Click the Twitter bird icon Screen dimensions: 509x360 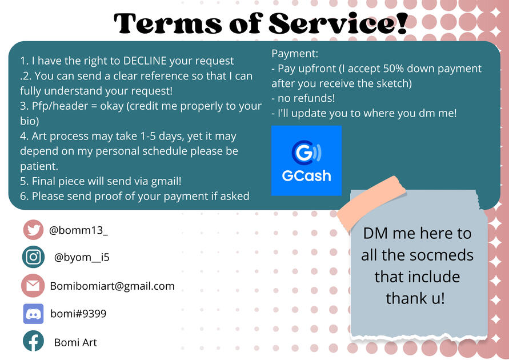(x=33, y=230)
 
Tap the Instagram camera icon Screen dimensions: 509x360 (x=33, y=257)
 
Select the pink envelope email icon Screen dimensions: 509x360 (x=33, y=286)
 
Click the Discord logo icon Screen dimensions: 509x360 (x=33, y=314)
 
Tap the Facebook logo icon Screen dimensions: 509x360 (x=33, y=341)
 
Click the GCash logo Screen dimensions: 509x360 (x=306, y=161)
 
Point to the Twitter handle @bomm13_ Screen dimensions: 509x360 (x=78, y=230)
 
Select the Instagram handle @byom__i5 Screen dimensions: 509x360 (x=82, y=257)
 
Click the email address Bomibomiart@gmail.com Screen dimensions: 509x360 (x=113, y=286)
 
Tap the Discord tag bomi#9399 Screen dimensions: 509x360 (x=78, y=314)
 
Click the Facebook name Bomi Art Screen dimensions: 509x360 (x=75, y=342)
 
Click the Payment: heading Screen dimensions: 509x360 (x=295, y=53)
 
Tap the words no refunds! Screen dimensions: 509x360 (x=306, y=98)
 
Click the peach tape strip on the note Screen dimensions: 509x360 (x=371, y=203)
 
